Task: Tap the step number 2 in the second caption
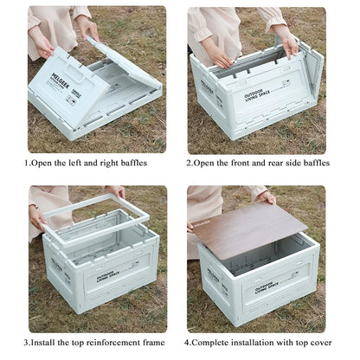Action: click(190, 163)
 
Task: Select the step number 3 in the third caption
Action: click(27, 342)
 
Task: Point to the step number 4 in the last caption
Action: click(190, 342)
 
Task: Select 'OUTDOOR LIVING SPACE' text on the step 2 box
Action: click(258, 95)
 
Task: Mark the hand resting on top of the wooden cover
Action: click(266, 198)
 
